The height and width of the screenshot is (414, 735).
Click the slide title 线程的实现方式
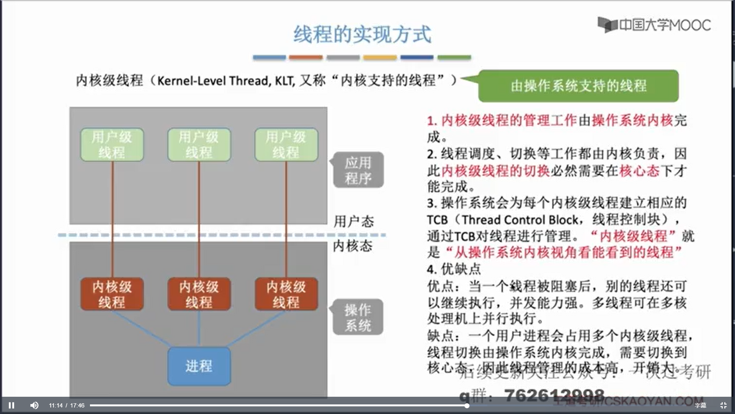[362, 34]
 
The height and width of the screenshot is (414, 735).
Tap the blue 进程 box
[199, 366]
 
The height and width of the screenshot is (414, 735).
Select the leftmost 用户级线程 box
[112, 145]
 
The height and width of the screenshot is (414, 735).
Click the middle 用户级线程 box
[199, 145]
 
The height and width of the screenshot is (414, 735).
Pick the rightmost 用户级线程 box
[286, 145]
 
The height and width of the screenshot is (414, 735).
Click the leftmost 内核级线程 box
[112, 294]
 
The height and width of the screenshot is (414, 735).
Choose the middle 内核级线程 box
[199, 294]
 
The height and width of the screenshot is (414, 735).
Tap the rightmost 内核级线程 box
[286, 294]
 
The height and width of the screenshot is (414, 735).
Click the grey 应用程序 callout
[358, 170]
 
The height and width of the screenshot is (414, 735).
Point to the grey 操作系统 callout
[358, 317]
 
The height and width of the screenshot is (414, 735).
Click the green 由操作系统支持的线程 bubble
[578, 86]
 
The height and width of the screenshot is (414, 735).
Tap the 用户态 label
[353, 222]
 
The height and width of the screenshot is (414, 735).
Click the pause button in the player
[11, 405]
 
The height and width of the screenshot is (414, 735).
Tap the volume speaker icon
[34, 405]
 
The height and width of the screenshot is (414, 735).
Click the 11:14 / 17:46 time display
[67, 406]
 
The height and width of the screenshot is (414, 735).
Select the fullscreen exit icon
[723, 405]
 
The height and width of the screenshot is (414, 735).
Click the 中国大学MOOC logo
[654, 25]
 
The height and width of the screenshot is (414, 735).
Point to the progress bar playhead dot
[467, 406]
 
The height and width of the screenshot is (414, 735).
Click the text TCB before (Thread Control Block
[437, 220]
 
